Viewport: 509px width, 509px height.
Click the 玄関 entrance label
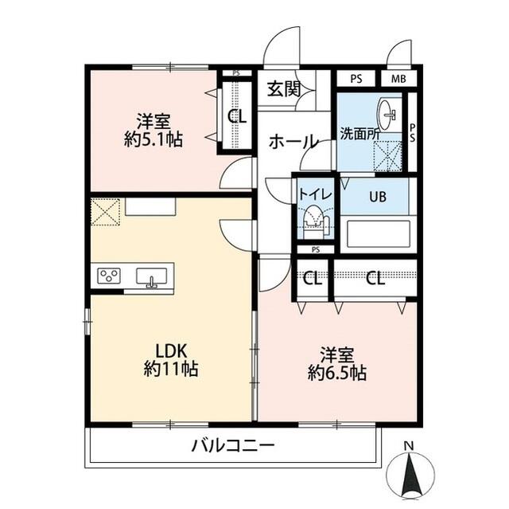click(x=282, y=88)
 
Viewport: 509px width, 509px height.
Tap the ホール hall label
click(x=293, y=142)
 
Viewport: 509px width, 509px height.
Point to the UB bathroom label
click(x=376, y=197)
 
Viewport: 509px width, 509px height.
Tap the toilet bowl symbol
click(x=315, y=219)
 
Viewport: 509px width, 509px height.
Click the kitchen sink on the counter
click(x=151, y=276)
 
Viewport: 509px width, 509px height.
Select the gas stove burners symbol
click(x=110, y=276)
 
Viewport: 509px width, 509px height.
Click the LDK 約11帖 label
click(x=171, y=359)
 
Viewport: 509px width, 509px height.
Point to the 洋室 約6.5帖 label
click(x=337, y=362)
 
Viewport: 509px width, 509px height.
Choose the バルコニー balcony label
click(x=232, y=445)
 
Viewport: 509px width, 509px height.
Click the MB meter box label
click(x=398, y=79)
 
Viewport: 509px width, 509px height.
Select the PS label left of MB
click(x=356, y=79)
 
